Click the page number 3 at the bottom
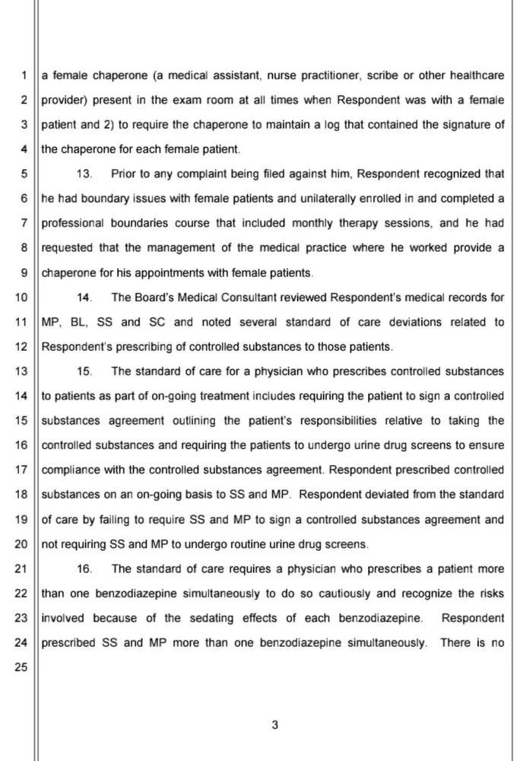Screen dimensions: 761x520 click(274, 725)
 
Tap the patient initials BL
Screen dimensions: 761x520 click(78, 322)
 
